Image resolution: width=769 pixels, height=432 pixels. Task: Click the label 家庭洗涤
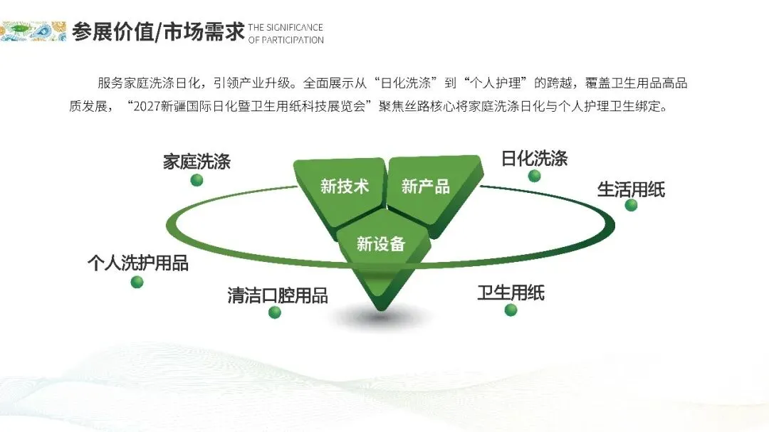click(x=197, y=161)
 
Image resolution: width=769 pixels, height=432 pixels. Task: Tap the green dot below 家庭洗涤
click(x=197, y=180)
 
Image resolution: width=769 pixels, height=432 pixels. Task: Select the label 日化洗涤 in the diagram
click(x=534, y=158)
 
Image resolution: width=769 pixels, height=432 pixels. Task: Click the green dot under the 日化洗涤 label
click(x=535, y=176)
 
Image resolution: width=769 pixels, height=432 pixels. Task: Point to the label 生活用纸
click(x=631, y=189)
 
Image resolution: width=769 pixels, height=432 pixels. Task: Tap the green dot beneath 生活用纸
click(x=631, y=205)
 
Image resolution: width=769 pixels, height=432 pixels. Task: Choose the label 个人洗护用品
click(x=137, y=263)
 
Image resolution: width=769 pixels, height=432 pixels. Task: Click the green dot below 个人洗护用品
click(x=137, y=282)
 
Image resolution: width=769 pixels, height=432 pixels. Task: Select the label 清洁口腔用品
click(x=278, y=295)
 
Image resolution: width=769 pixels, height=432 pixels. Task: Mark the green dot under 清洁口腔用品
click(x=275, y=312)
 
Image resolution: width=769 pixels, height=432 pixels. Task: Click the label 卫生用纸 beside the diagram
click(x=511, y=293)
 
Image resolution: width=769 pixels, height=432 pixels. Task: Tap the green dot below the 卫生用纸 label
click(x=511, y=310)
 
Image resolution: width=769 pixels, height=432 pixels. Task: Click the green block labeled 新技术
click(x=344, y=187)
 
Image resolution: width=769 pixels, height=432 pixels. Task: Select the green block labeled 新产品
click(x=427, y=187)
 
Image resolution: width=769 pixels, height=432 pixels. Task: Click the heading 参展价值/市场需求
click(x=158, y=32)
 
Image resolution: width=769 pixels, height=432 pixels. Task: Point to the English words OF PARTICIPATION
click(x=286, y=40)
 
